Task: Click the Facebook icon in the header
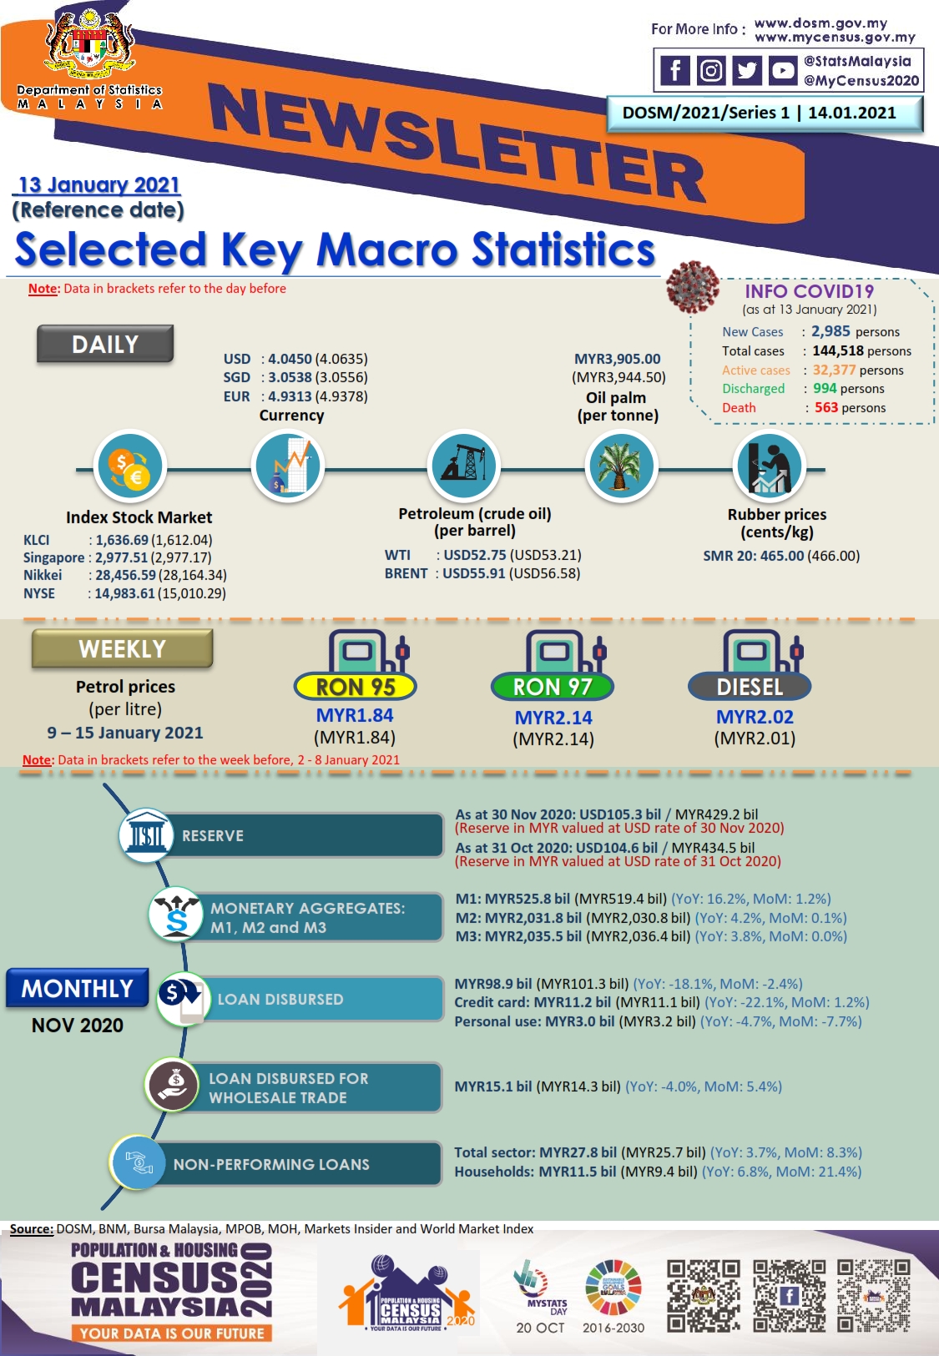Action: click(674, 70)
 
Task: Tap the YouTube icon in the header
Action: click(782, 70)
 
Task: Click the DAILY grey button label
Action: click(105, 344)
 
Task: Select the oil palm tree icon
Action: click(620, 466)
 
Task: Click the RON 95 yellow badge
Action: click(355, 687)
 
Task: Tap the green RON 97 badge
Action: click(553, 687)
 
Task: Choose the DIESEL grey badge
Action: click(750, 687)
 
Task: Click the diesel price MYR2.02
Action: click(755, 717)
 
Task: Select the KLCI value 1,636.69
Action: click(122, 539)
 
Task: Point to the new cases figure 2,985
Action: click(830, 331)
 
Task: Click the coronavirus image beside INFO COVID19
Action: click(693, 287)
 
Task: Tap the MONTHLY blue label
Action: click(77, 988)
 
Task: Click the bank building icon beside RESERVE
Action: click(145, 834)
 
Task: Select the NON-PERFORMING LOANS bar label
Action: click(271, 1164)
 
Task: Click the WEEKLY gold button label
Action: click(122, 648)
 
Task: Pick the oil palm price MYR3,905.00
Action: click(618, 358)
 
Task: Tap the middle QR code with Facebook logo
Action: click(789, 1296)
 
